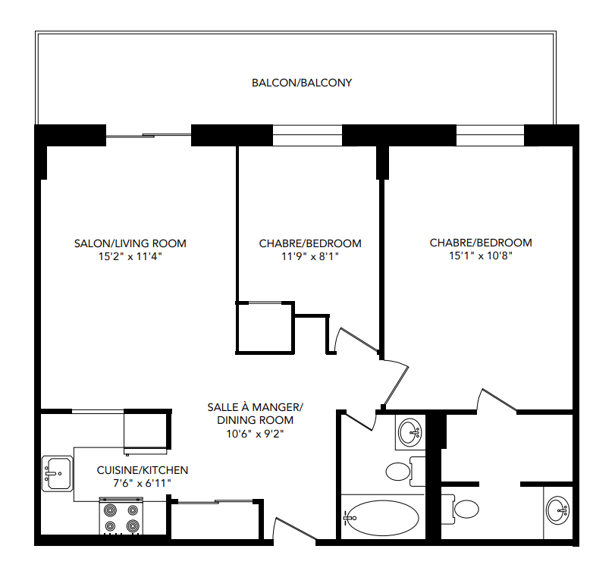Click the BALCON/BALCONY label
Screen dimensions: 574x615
302,83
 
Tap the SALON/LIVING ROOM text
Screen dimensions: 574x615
130,243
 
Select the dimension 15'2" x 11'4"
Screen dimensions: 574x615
130,256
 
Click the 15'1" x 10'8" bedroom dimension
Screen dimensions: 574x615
481,256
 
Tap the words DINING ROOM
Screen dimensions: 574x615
255,420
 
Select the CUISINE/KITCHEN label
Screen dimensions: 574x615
143,470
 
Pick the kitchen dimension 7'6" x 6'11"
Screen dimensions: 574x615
143,483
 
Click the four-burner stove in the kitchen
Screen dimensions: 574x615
122,517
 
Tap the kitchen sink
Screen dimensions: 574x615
57,473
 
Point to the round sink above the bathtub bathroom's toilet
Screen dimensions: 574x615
410,434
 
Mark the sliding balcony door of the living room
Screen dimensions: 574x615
148,136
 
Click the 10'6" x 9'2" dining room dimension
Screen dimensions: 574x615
255,434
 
